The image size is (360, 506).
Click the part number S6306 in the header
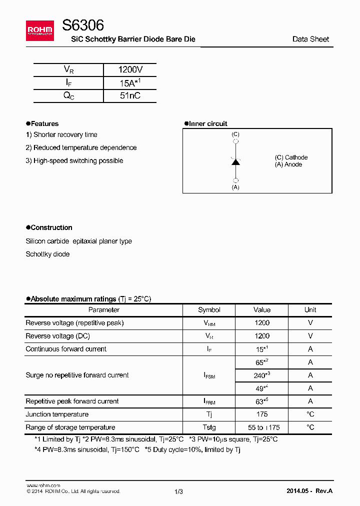click(83, 25)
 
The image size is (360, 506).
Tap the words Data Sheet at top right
click(310, 39)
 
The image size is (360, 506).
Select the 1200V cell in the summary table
click(130, 70)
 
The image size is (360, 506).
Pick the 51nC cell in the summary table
click(130, 95)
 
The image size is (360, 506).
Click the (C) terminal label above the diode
click(235, 134)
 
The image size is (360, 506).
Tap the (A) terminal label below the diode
click(235, 187)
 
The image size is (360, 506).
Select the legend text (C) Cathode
click(291, 157)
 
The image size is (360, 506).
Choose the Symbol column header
click(209, 310)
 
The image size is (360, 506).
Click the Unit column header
click(310, 310)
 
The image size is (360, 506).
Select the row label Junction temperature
click(57, 414)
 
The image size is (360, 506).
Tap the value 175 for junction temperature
click(261, 414)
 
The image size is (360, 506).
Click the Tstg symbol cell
click(209, 427)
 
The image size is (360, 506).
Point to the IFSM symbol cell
click(209, 375)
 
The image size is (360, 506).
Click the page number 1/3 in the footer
click(179, 491)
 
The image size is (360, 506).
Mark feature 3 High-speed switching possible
click(74, 160)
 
